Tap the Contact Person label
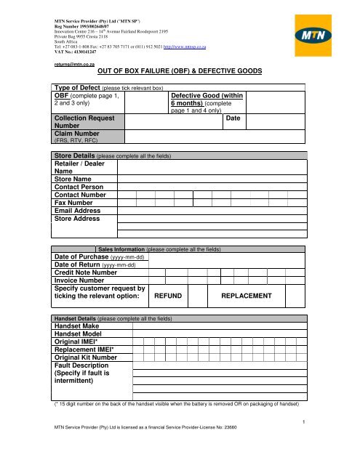tap(80, 194)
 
